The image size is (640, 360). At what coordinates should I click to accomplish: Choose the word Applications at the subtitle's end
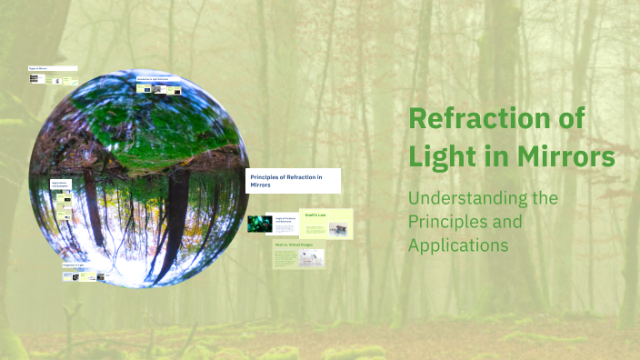click(x=458, y=245)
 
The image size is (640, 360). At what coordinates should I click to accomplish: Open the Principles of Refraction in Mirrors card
click(x=293, y=180)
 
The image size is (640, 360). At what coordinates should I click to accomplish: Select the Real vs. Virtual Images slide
click(x=298, y=257)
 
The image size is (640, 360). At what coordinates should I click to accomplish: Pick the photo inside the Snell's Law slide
click(x=337, y=230)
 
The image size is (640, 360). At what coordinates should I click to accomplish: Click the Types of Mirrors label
click(x=52, y=68)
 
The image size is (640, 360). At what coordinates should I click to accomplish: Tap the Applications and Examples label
click(x=60, y=185)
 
